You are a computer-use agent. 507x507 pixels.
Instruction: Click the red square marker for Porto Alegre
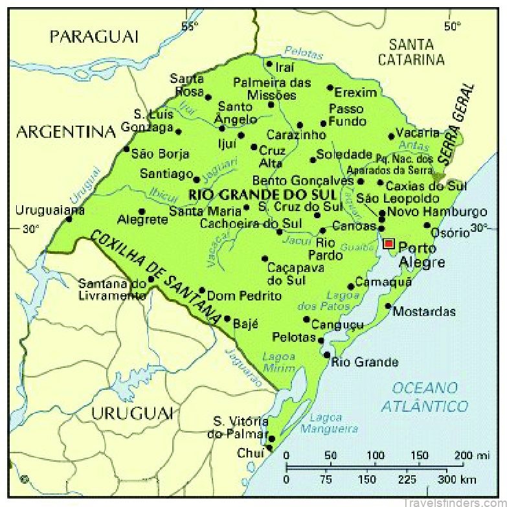pos(389,243)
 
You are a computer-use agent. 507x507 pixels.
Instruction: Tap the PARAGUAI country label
pos(94,36)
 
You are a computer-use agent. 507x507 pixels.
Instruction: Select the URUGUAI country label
pos(132,413)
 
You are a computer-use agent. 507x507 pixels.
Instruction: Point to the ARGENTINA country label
pos(65,132)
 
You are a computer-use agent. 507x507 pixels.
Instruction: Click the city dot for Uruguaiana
pos(69,219)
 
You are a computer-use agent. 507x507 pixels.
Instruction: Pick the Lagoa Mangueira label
pos(333,423)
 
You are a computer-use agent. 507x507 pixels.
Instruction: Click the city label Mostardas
pos(424,311)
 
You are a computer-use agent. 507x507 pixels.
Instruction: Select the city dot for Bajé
pos(227,319)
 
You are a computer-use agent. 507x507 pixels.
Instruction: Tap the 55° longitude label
pos(190,27)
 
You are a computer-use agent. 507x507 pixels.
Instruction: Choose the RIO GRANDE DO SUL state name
pos(262,194)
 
